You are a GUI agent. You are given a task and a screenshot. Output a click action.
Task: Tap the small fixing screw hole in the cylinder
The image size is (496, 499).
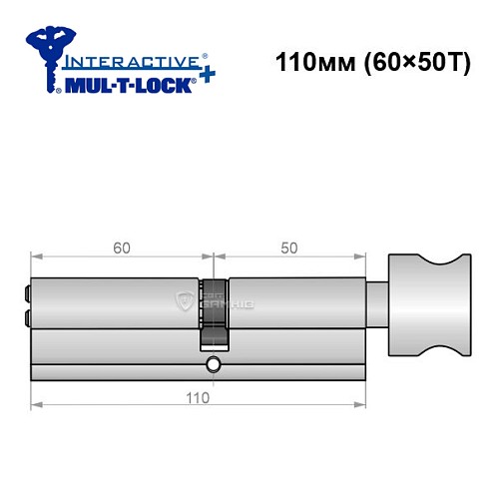pyautogui.click(x=213, y=368)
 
